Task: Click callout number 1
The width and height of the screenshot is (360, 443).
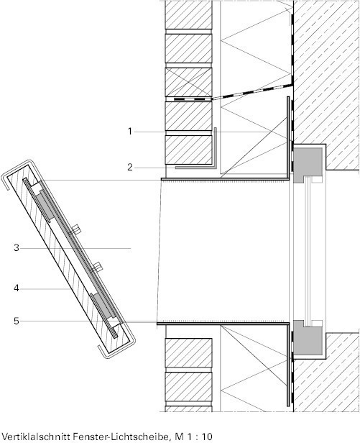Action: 129,132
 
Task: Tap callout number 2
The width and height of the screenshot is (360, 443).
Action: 129,168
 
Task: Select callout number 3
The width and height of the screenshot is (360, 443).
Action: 17,248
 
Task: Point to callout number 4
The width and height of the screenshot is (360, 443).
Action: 17,288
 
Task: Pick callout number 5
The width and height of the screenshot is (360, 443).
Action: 17,321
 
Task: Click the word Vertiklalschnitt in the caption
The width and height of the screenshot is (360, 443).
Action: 36,437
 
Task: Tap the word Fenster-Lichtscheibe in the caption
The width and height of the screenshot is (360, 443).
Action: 122,437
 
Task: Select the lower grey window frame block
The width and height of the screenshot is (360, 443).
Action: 308,338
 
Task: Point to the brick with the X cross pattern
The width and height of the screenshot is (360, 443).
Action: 188,82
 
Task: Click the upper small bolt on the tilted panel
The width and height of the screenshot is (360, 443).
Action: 75,229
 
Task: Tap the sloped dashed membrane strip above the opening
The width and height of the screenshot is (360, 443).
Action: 251,91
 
